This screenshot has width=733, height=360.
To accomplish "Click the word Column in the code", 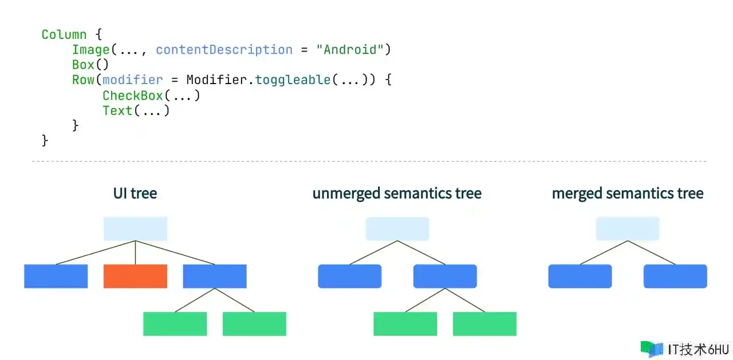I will click(x=64, y=34).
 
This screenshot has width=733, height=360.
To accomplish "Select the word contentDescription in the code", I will click(x=224, y=50).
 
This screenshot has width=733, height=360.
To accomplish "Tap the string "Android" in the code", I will click(x=350, y=50).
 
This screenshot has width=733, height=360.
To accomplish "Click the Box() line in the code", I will click(x=90, y=65).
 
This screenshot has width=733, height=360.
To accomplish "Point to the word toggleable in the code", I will click(x=293, y=80).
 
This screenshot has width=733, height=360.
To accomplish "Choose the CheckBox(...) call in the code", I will click(x=151, y=95).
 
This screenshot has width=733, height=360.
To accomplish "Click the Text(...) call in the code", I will click(x=136, y=110).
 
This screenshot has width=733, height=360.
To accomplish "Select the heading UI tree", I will click(x=135, y=193).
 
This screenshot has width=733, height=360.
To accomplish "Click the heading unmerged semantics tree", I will click(x=397, y=193).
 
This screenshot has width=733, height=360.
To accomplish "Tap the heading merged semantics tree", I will click(x=628, y=193).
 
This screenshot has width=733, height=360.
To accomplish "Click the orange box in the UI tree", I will click(x=135, y=276).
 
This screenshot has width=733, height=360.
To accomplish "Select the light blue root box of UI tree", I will click(x=135, y=228).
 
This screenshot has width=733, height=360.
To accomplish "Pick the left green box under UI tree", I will click(x=175, y=323).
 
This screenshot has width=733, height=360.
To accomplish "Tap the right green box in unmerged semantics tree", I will click(x=484, y=323).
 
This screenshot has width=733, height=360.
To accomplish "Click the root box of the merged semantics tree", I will click(x=628, y=228).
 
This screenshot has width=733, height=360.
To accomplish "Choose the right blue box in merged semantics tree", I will click(x=675, y=276).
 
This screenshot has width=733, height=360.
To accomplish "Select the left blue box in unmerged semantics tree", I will click(x=349, y=276).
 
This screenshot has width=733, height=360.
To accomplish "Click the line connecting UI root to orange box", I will click(x=135, y=252).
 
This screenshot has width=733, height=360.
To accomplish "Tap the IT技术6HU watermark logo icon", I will click(x=651, y=349).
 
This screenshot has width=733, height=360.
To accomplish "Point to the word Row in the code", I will click(x=83, y=80).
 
